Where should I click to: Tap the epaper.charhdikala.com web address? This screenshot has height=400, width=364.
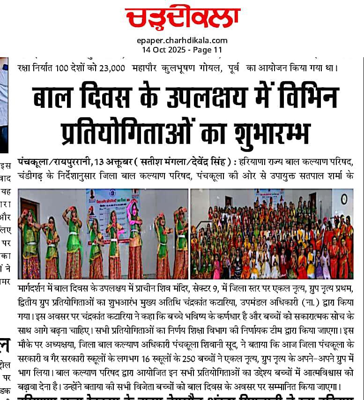click(x=182, y=41)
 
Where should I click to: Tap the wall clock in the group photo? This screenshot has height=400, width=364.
click(x=344, y=198)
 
